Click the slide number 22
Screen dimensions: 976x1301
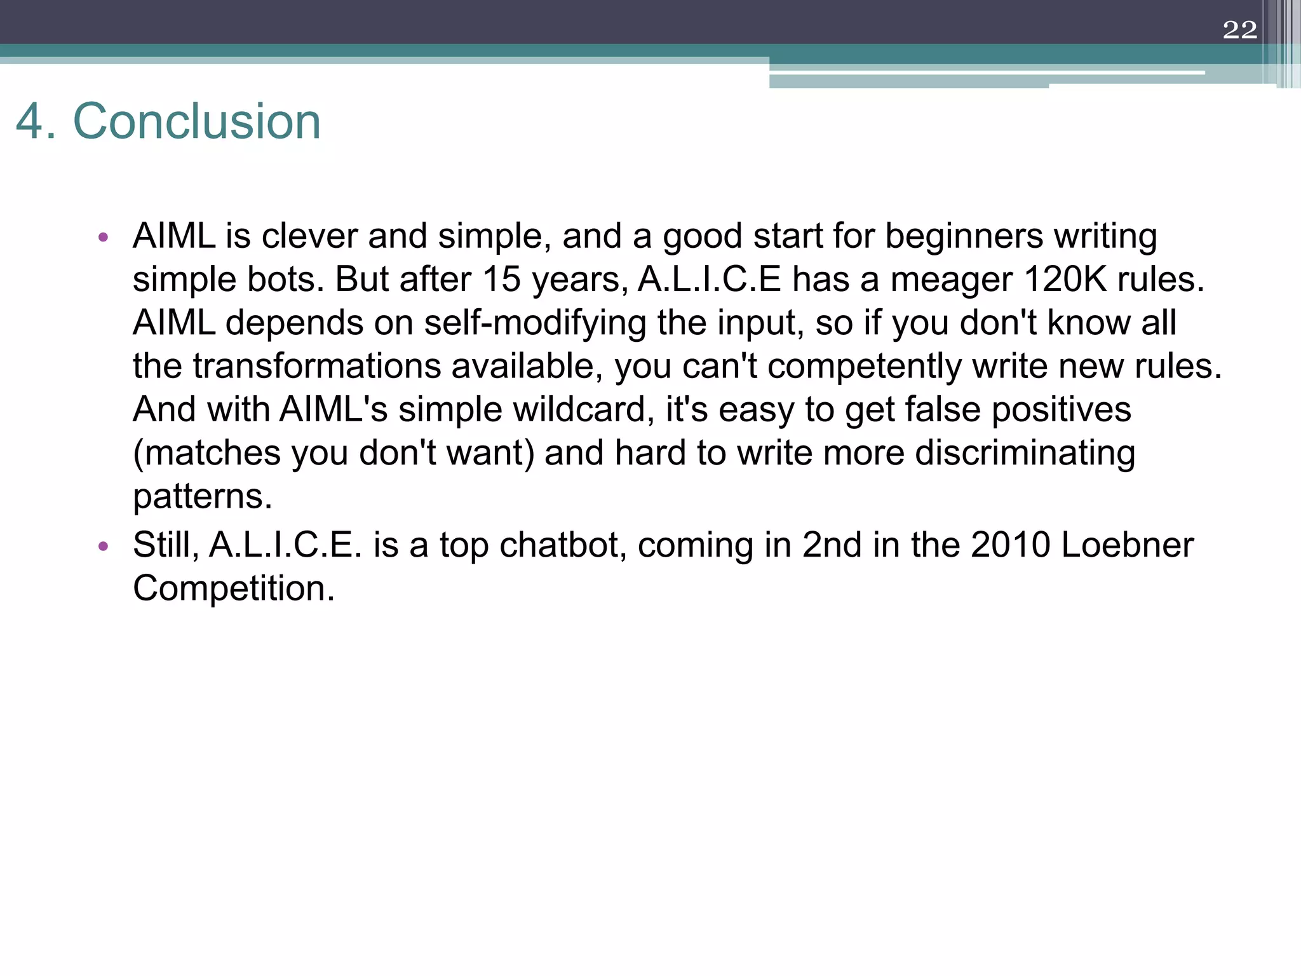[1239, 30]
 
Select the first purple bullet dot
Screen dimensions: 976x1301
[104, 238]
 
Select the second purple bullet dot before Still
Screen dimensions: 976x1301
[104, 546]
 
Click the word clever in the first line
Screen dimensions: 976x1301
[309, 236]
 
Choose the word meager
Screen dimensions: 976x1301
[952, 279]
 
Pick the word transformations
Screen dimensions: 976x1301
[317, 366]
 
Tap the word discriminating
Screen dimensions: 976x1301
[1025, 453]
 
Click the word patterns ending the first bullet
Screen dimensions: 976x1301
[202, 496]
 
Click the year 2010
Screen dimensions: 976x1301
[1010, 545]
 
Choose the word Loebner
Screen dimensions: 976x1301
[1128, 545]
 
